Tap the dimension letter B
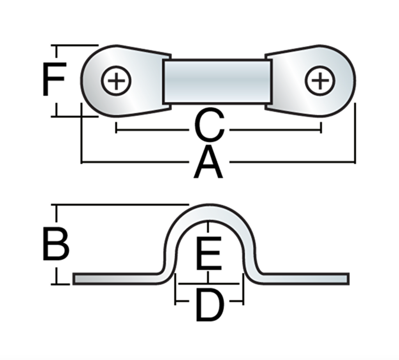pyautogui.click(x=55, y=245)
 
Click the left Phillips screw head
pyautogui.click(x=116, y=81)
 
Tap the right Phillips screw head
pyautogui.click(x=320, y=81)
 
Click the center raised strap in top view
pyautogui.click(x=217, y=81)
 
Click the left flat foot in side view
pyautogui.click(x=117, y=278)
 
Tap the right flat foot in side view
pyautogui.click(x=304, y=278)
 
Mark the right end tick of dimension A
pyautogui.click(x=355, y=161)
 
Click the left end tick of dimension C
pyautogui.click(x=116, y=128)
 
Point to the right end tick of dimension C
pyautogui.click(x=321, y=128)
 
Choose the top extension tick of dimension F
pyautogui.click(x=74, y=45)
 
